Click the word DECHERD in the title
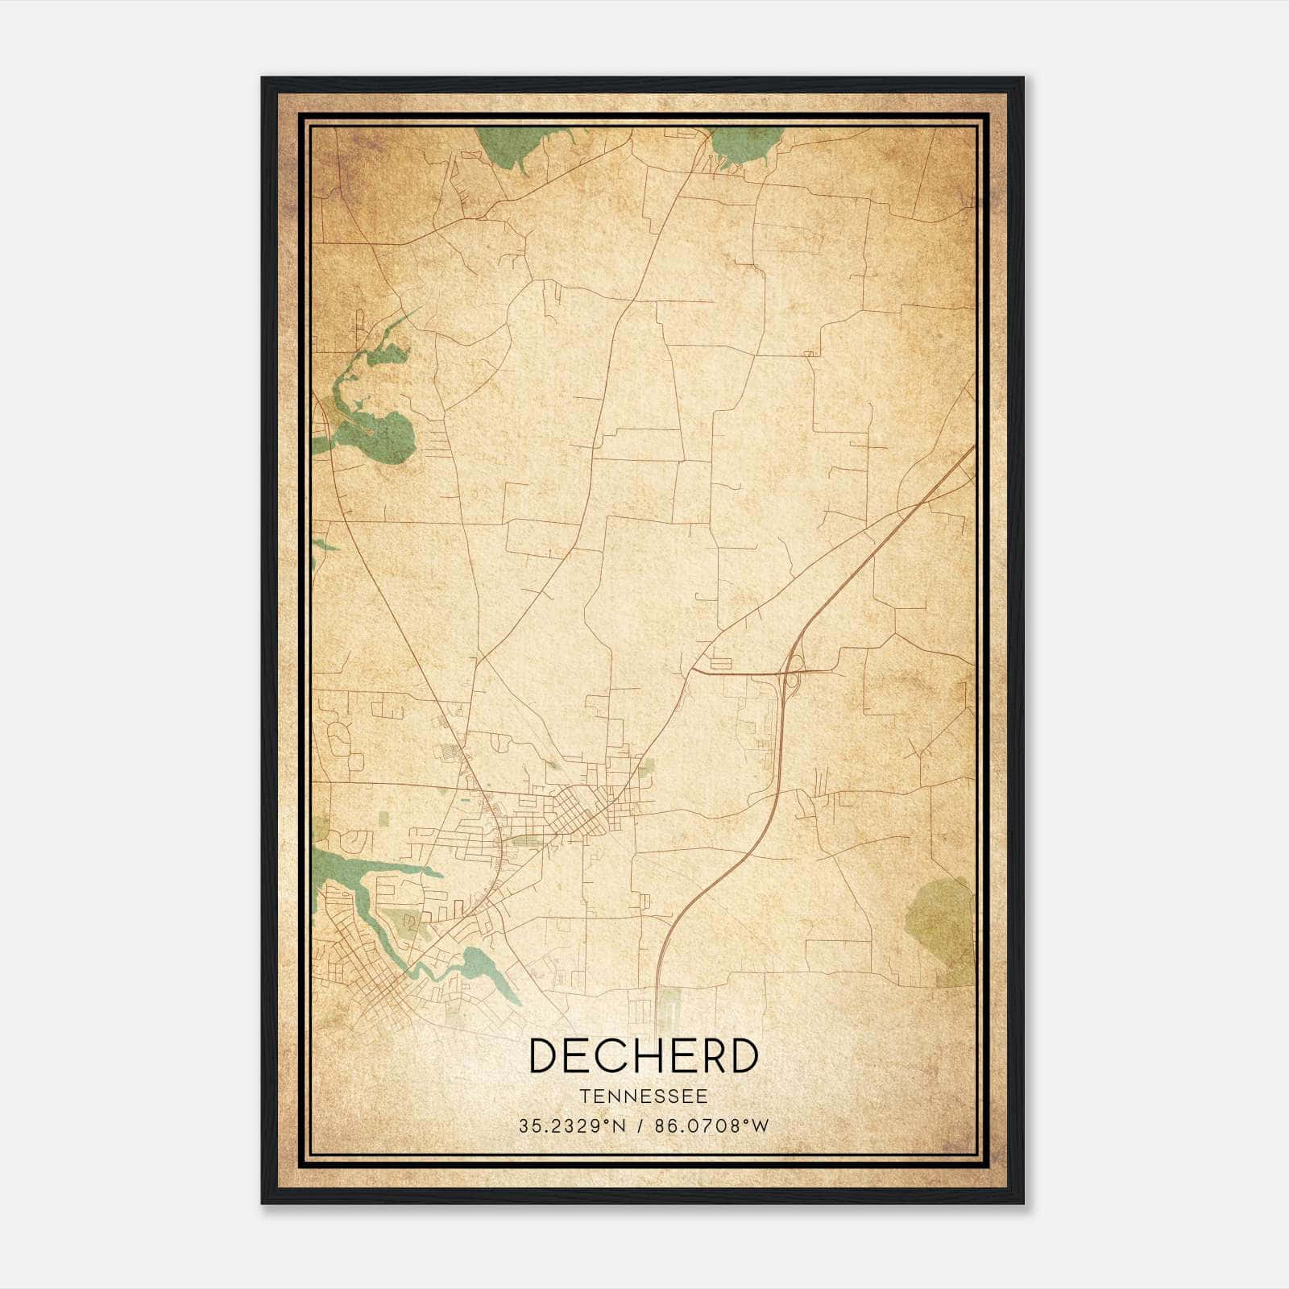(644, 1055)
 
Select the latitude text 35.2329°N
(571, 1126)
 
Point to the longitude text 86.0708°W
(712, 1126)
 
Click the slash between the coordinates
(641, 1126)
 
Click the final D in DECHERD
(743, 1055)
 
